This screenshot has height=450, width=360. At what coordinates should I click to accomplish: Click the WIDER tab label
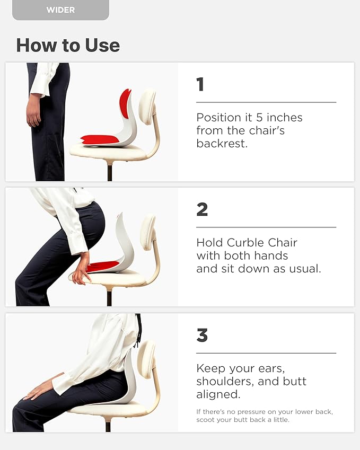[60, 10]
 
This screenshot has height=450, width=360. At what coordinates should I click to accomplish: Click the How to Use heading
[68, 45]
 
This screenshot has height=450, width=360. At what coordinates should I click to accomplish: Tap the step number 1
[200, 84]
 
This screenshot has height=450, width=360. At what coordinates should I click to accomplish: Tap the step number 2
[202, 209]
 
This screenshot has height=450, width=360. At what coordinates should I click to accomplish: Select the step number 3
[202, 335]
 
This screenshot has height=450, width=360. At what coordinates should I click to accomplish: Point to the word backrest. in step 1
[222, 143]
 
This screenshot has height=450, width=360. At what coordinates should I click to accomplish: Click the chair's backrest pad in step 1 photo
[147, 107]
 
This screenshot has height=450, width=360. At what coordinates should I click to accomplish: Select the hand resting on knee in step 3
[38, 391]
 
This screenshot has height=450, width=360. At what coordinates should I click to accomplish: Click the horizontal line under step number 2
[266, 227]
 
